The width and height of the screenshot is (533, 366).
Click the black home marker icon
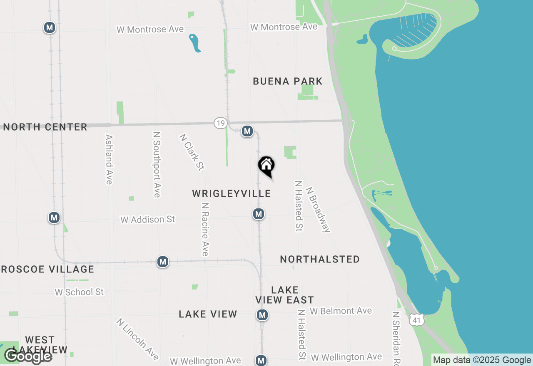click(x=266, y=166)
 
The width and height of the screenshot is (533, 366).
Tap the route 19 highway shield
click(x=221, y=123)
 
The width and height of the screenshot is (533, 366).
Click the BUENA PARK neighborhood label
click(x=288, y=81)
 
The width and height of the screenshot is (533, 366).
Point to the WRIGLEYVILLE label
click(x=232, y=194)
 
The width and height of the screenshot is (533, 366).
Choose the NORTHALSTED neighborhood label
click(x=320, y=260)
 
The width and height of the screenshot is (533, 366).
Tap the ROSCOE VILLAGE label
click(x=47, y=270)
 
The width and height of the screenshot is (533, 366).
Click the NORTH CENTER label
click(x=45, y=127)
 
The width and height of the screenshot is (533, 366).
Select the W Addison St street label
click(x=148, y=220)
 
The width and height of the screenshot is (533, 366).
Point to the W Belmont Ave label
click(x=341, y=311)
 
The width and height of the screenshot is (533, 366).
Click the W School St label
click(x=79, y=292)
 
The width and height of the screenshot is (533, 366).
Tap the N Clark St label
click(x=192, y=152)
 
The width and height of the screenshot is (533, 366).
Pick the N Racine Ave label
click(x=205, y=229)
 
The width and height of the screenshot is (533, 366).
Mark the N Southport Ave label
click(x=157, y=165)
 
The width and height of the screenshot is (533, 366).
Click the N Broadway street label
click(x=318, y=210)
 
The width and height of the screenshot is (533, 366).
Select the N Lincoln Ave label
click(x=137, y=339)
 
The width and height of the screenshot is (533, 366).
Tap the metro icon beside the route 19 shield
click(x=247, y=131)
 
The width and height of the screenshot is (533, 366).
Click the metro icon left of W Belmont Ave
click(x=262, y=315)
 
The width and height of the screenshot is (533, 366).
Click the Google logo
click(x=28, y=356)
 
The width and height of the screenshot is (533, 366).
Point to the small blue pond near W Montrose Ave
click(x=194, y=43)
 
